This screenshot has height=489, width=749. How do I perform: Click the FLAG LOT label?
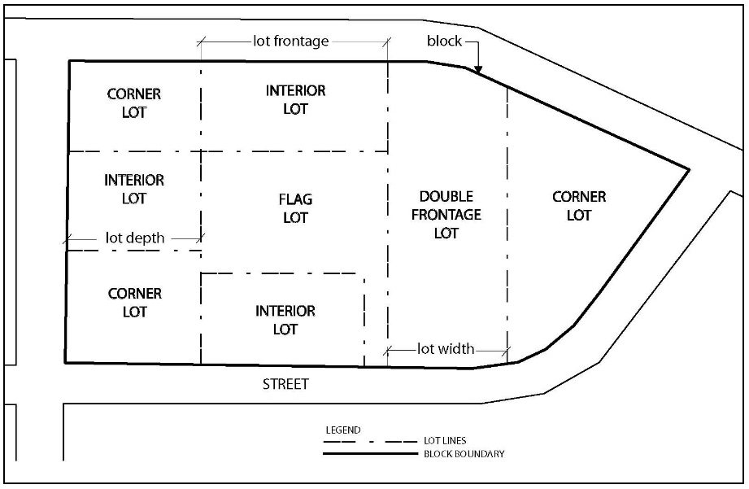296,208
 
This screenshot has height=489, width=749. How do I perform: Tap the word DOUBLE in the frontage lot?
446,197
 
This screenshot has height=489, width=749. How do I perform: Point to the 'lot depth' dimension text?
135,238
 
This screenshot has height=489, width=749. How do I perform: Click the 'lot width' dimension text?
446,349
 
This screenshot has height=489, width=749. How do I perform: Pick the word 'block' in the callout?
444,41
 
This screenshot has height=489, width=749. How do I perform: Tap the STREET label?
285,384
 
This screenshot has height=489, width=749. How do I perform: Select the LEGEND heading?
342,430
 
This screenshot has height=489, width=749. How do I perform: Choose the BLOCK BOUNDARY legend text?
464,453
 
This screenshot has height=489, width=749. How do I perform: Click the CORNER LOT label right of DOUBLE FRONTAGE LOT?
579,206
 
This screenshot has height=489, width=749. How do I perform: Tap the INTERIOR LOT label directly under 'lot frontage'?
296,99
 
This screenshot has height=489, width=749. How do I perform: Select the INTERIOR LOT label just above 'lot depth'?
134,189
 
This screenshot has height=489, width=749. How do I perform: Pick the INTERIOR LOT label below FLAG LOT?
285,320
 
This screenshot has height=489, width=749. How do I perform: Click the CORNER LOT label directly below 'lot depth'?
135,302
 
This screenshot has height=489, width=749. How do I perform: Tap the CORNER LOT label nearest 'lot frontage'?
134,103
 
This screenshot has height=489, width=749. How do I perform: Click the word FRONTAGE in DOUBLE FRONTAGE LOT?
446,215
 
